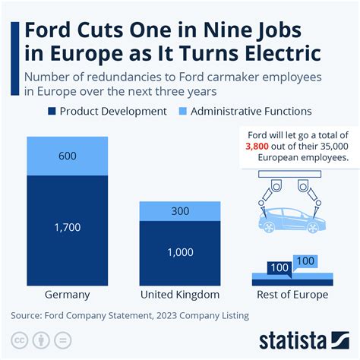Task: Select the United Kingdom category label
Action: [180, 295]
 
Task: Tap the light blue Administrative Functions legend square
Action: [182, 112]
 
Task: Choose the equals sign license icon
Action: [63, 339]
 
